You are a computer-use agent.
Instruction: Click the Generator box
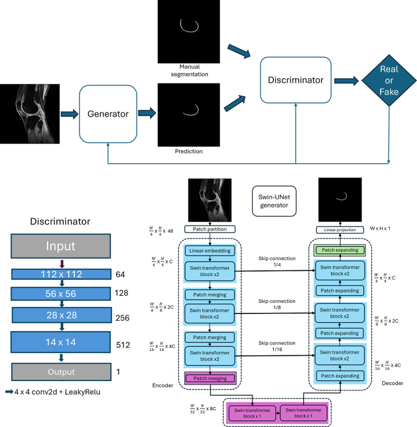(108, 114)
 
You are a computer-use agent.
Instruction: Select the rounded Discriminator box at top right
(296, 80)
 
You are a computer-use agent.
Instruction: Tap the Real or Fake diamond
(389, 81)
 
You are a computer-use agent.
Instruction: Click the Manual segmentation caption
(189, 71)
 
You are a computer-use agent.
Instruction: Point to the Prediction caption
(189, 152)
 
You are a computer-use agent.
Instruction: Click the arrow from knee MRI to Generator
(69, 114)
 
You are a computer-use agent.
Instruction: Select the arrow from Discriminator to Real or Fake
(346, 81)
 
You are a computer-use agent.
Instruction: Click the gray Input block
(61, 246)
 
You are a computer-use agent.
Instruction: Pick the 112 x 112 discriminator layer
(61, 274)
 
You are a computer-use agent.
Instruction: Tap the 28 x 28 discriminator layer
(61, 315)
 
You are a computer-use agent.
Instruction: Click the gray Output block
(61, 372)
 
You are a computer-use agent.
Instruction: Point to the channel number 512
(123, 345)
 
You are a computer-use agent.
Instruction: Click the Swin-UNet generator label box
(274, 201)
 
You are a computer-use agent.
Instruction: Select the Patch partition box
(210, 229)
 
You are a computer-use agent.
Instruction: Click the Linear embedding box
(210, 251)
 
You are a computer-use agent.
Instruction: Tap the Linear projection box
(340, 230)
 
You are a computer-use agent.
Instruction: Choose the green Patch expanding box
(340, 250)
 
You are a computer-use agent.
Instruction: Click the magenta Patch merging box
(210, 378)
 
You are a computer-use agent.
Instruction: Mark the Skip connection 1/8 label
(277, 304)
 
